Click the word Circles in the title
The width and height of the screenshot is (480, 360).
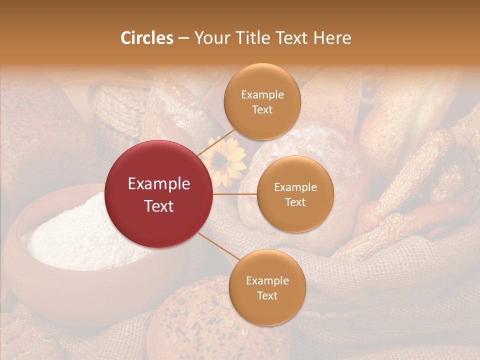point(146,38)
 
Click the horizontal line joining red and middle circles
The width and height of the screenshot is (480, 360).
point(234,194)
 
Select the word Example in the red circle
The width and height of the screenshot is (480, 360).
point(159,184)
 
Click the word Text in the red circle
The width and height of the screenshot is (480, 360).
point(159,206)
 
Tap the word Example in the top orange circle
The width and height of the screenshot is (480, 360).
point(262,94)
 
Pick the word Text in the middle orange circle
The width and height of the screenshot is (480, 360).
point(295,202)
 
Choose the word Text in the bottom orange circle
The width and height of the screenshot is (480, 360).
point(267,295)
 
